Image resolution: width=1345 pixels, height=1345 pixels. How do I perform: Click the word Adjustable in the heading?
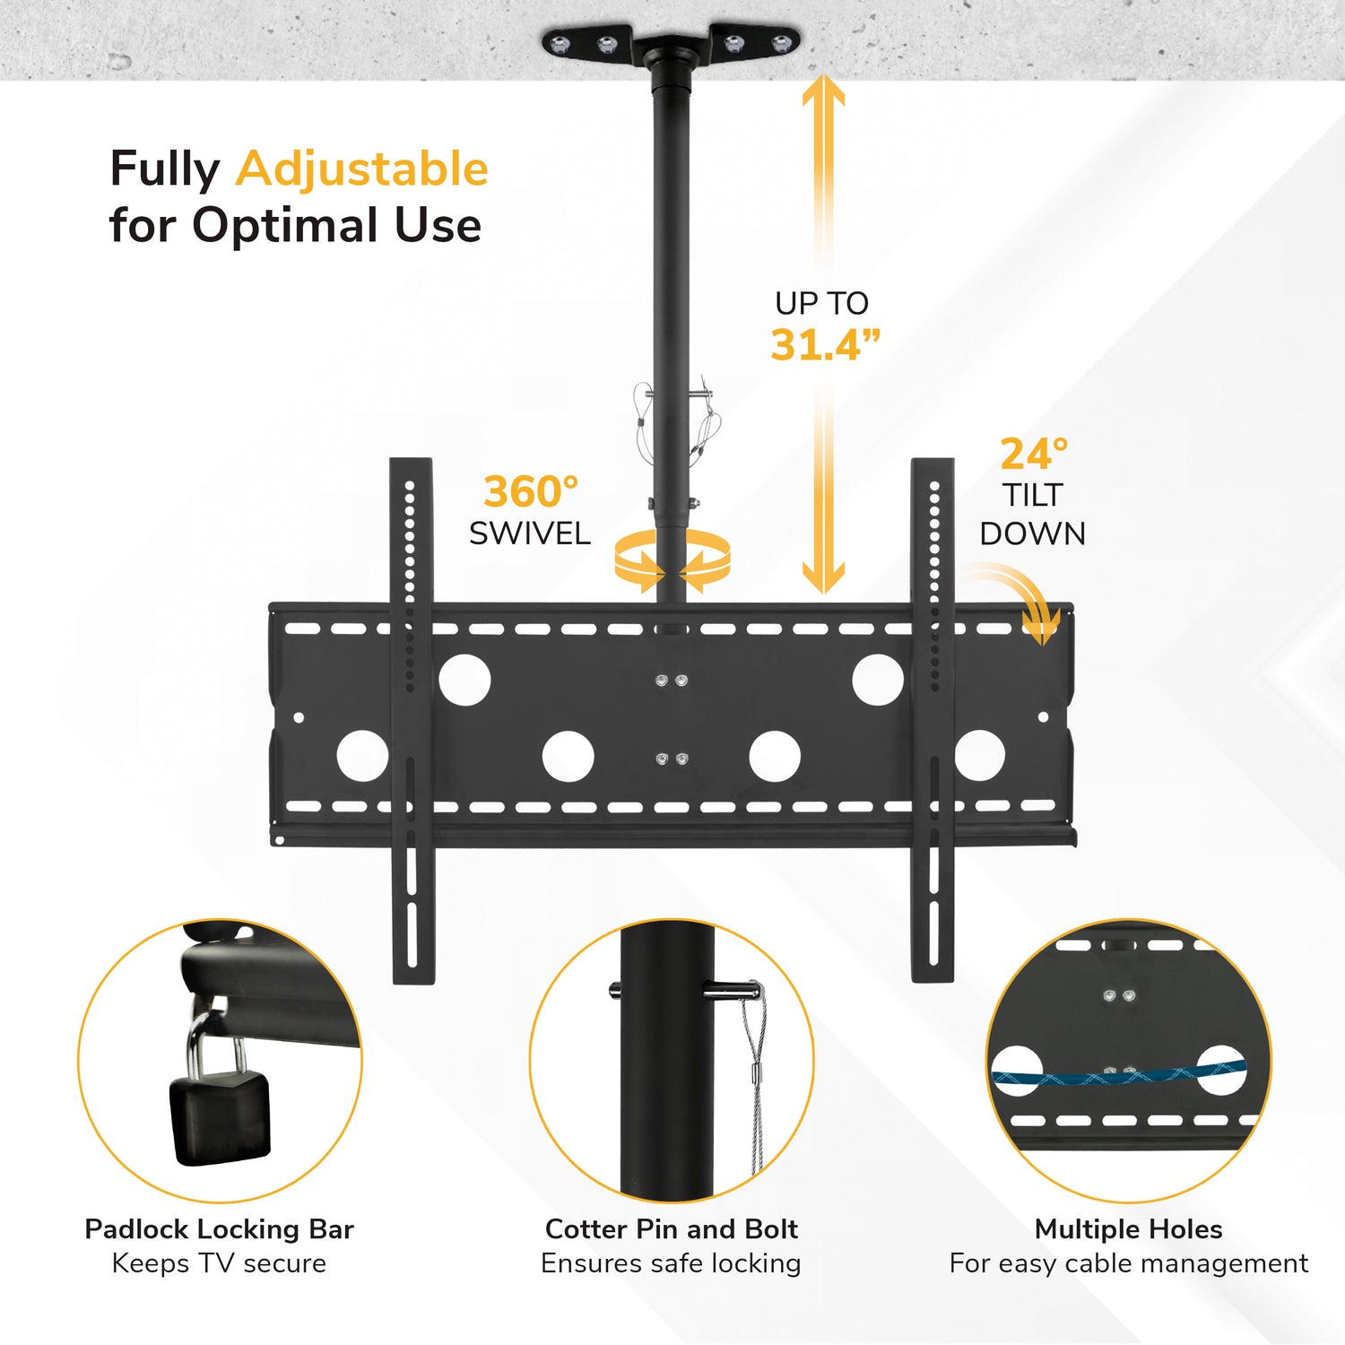[362, 170]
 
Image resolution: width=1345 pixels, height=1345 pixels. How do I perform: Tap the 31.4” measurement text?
[825, 345]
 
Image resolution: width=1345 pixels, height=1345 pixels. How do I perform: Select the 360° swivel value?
[531, 491]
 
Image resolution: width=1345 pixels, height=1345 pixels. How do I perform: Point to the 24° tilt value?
[1034, 454]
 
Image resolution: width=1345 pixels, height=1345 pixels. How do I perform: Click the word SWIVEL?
[530, 534]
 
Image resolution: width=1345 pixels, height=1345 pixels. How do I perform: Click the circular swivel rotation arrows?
[672, 560]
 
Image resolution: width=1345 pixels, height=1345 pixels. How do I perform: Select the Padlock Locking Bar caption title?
[220, 1228]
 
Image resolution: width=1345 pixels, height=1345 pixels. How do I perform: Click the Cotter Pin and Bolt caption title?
[672, 1228]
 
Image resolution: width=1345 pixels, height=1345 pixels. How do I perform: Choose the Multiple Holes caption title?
[1128, 1228]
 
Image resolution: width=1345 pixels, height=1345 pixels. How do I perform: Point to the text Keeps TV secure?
[220, 1263]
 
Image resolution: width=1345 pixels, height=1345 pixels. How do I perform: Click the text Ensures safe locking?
[671, 1263]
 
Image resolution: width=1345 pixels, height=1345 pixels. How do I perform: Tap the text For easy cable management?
[1129, 1263]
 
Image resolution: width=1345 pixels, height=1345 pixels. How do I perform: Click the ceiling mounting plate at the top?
[671, 45]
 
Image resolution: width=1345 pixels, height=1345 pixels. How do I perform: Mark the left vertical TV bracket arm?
[412, 721]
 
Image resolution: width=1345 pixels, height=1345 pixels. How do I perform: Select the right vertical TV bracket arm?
[933, 721]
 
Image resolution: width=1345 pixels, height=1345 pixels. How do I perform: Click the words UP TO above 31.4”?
[822, 303]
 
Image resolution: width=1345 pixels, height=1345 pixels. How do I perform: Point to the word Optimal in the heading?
[285, 226]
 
